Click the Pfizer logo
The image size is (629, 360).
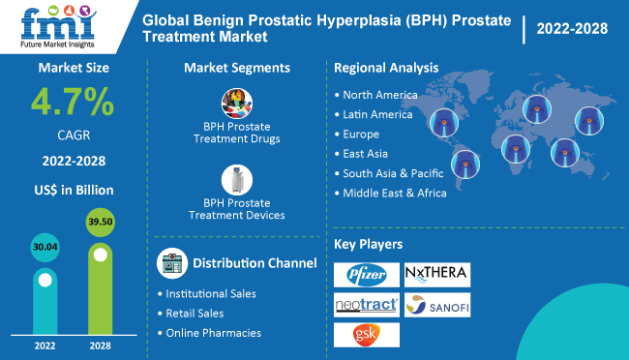pos(366,275)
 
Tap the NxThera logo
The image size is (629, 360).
pos(436,274)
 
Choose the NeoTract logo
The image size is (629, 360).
pos(366,305)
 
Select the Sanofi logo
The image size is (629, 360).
pos(436,305)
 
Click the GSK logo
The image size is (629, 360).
pos(366,335)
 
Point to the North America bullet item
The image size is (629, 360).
pos(380,95)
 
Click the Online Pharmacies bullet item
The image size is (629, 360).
pos(212,333)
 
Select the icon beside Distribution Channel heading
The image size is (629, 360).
pos(170,263)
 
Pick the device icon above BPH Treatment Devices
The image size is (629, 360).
pos(236,180)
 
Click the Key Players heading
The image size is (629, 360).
pos(368,243)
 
